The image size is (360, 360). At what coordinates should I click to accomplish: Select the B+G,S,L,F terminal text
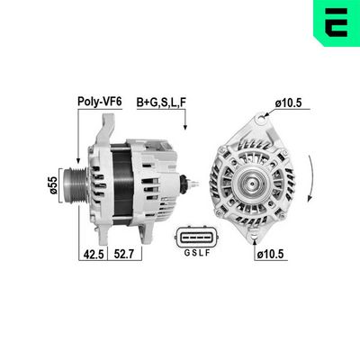coord(162,103)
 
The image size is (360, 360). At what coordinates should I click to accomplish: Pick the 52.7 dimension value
coord(122,255)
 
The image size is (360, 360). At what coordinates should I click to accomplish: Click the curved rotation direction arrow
coord(310,180)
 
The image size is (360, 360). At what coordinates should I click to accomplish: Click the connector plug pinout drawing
coord(194,238)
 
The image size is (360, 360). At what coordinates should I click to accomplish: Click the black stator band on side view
coord(116,185)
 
